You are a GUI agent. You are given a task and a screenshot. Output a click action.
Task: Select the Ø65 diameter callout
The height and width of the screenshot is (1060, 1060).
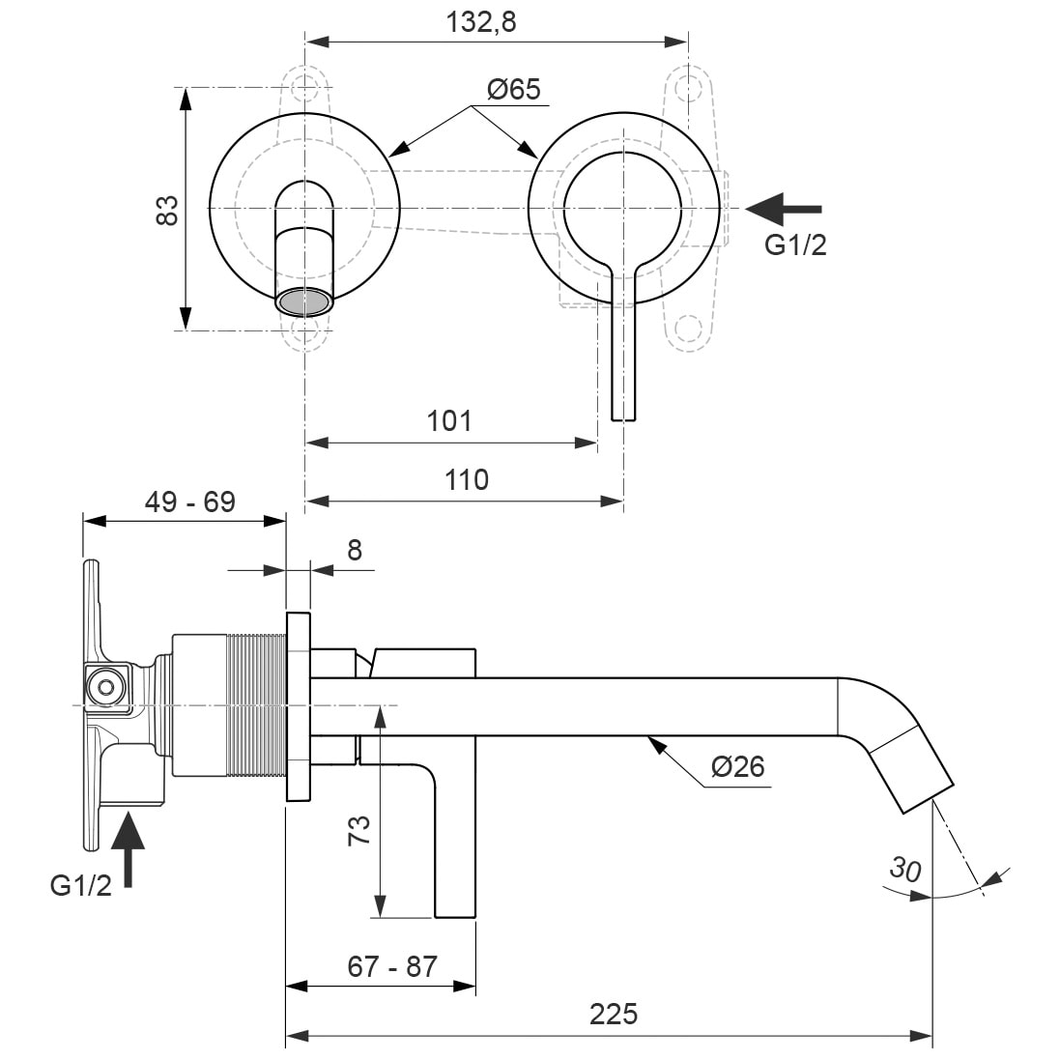point(513,90)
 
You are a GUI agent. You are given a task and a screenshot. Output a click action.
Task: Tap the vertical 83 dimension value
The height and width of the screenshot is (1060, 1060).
point(167,210)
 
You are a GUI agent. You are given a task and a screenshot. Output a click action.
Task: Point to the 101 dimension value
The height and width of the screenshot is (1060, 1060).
point(449,421)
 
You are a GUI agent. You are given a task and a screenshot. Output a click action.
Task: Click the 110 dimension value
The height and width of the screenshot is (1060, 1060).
point(468,479)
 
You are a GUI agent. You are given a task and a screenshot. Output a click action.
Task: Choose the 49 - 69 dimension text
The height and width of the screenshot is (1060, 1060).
point(189,501)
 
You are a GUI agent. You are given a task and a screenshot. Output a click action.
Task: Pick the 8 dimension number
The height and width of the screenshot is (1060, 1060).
point(355,550)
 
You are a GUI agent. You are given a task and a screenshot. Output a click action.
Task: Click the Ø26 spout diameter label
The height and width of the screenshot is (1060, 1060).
point(737,767)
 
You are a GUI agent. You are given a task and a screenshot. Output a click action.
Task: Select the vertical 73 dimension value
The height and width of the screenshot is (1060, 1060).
point(358,830)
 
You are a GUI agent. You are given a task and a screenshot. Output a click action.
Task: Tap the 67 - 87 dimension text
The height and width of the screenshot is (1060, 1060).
point(393,965)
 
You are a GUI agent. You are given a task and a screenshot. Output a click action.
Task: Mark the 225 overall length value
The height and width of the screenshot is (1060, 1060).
point(613,1015)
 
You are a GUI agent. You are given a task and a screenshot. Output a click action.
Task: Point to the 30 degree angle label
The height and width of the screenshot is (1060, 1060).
point(904,869)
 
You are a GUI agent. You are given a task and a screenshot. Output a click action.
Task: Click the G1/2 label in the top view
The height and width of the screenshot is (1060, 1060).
point(795,245)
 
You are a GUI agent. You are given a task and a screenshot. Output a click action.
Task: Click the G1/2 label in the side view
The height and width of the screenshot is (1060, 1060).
point(80,884)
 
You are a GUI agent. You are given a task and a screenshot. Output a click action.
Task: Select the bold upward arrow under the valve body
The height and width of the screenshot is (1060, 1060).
point(128,847)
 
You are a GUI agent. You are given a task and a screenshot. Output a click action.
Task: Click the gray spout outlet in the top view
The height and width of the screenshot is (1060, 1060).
point(303,301)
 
